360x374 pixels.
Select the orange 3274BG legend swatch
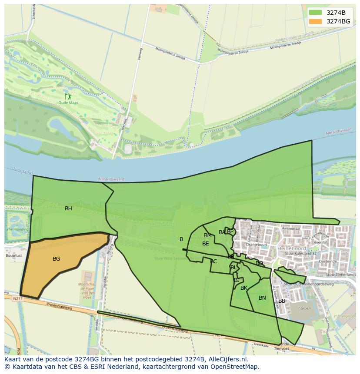point(316,21)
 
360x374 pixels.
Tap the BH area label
point(68,209)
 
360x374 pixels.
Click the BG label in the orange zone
point(56,259)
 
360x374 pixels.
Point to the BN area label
point(262,298)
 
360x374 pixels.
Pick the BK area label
point(244,288)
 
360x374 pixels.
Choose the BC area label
point(213,261)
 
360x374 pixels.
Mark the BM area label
point(208,235)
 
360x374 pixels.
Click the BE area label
point(206,244)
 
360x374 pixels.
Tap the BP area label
point(230,232)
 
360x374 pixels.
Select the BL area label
point(233,268)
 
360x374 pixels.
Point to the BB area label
point(282,301)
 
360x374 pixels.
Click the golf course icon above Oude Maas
point(68,96)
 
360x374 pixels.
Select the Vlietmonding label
point(17,229)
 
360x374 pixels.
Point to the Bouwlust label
point(14,256)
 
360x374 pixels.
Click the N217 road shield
point(17,298)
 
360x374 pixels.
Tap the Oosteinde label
point(328,261)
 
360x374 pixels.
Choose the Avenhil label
point(320,242)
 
